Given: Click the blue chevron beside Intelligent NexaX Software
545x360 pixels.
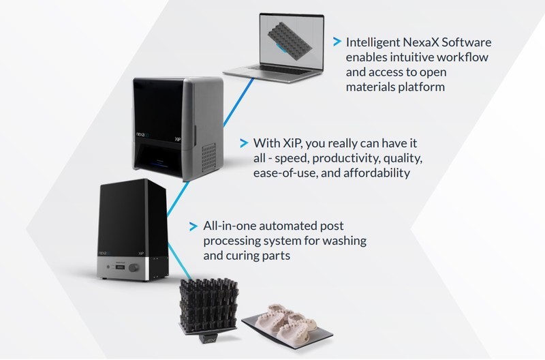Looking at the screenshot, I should point(337,42).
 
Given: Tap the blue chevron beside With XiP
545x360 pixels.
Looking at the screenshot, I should point(243,143).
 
